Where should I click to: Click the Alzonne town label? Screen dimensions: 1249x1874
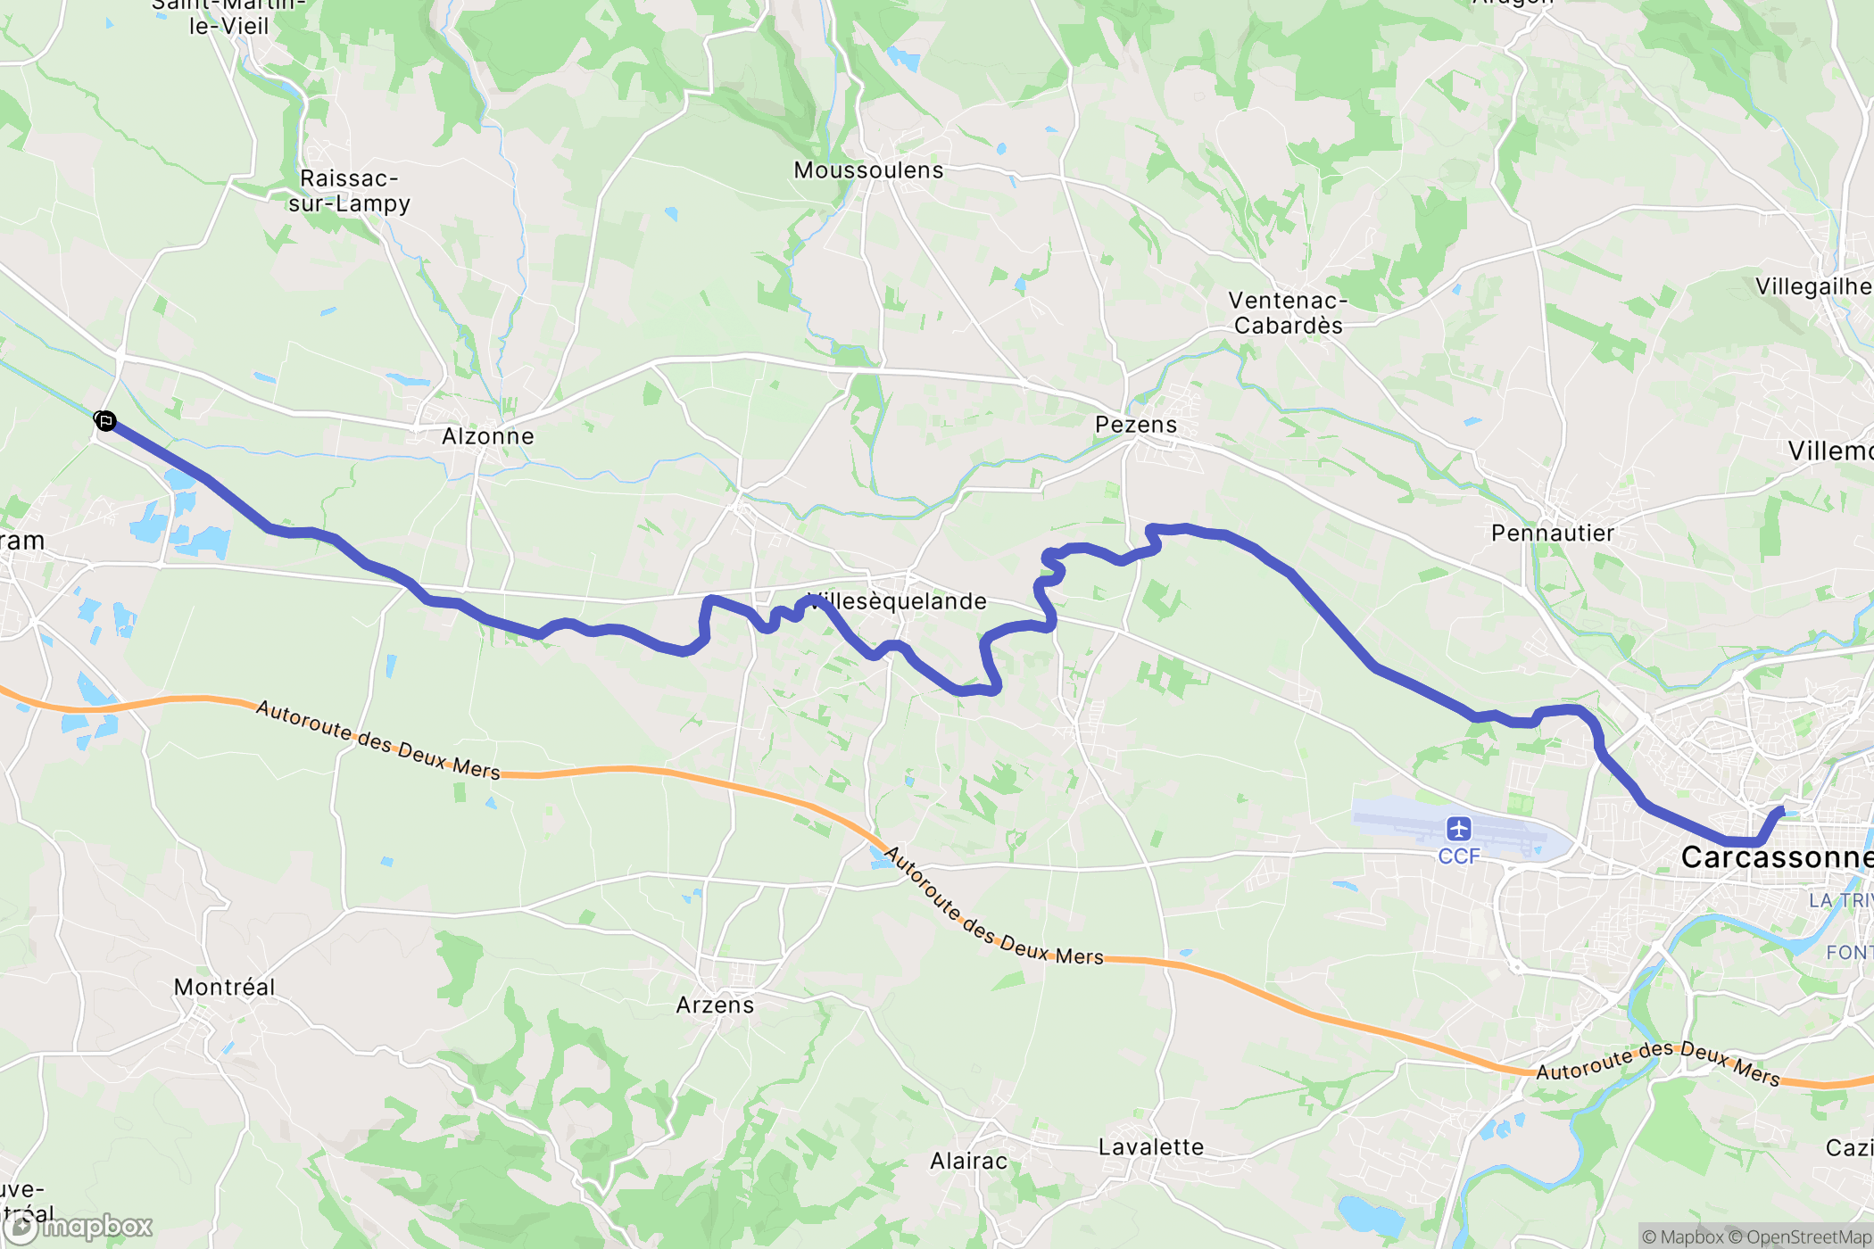pos(487,436)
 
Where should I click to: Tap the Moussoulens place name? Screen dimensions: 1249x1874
pos(868,170)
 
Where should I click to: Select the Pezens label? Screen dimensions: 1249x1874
pos(1136,425)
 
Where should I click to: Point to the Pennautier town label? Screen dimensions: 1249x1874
pos(1552,534)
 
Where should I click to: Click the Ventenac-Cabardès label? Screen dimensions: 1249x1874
pos(1288,313)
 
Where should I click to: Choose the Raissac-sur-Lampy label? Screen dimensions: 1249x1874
pos(349,191)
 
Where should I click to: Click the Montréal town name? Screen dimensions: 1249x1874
pos(224,987)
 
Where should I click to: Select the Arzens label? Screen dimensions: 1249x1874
pos(715,1005)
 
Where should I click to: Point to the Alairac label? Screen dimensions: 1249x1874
pos(968,1161)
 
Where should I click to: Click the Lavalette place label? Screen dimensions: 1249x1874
pos(1150,1147)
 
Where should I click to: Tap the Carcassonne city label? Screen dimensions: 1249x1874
pos(1776,857)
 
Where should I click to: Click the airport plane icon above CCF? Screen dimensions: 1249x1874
pos(1458,829)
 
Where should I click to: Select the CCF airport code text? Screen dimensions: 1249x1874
pos(1458,856)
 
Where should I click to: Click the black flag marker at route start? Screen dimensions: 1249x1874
pos(105,421)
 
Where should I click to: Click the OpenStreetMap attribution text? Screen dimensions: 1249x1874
pos(1807,1237)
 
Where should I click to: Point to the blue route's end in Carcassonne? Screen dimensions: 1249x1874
pos(1782,810)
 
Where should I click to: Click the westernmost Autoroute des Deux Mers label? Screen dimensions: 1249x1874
pos(377,740)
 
